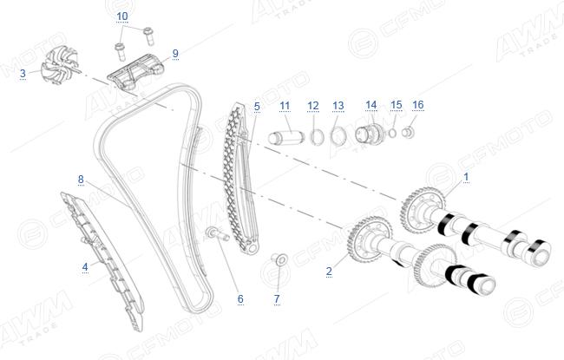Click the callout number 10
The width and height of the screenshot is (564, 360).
pyautogui.click(x=122, y=16)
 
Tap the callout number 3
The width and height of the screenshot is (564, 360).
pyautogui.click(x=23, y=74)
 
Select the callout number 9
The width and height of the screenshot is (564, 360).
pyautogui.click(x=175, y=54)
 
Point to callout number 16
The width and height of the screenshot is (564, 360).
pyautogui.click(x=417, y=105)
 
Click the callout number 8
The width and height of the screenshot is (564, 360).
pyautogui.click(x=81, y=179)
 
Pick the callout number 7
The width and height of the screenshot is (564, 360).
pyautogui.click(x=277, y=299)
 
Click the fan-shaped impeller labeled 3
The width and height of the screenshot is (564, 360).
pyautogui.click(x=59, y=66)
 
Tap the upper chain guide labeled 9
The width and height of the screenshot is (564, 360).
pyautogui.click(x=136, y=72)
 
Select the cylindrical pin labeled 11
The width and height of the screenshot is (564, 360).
pyautogui.click(x=286, y=138)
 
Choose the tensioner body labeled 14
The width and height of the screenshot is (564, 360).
pyautogui.click(x=370, y=134)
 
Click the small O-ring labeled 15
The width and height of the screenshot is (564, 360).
pyautogui.click(x=393, y=134)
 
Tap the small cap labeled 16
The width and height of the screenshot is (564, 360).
pyautogui.click(x=408, y=133)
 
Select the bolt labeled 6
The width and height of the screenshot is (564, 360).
pyautogui.click(x=217, y=233)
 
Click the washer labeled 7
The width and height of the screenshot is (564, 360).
pyautogui.click(x=280, y=259)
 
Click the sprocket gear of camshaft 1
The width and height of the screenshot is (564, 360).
pyautogui.click(x=422, y=210)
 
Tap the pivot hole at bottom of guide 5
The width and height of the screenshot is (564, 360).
pyautogui.click(x=252, y=248)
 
